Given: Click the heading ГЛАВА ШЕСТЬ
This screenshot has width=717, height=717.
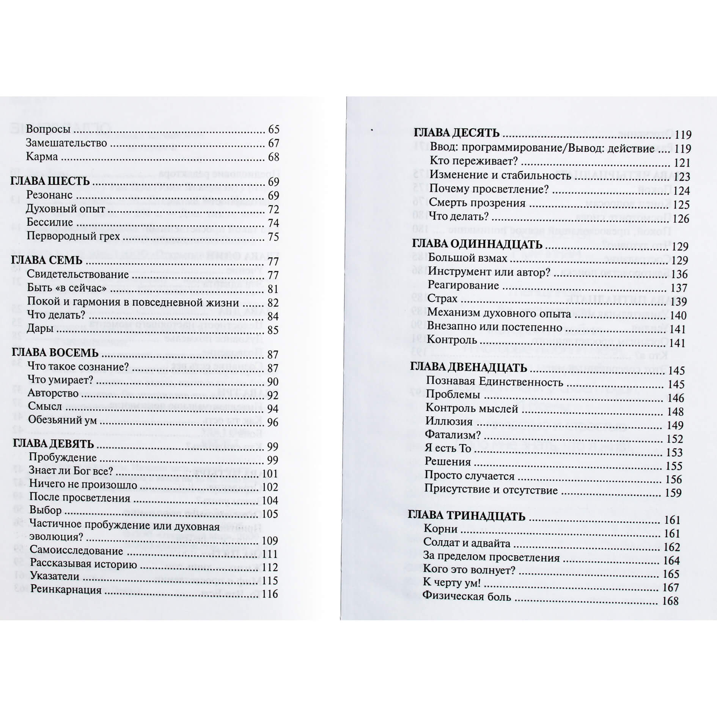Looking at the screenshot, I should click(50, 181).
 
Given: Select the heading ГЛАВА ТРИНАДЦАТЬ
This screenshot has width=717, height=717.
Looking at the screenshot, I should click(466, 516).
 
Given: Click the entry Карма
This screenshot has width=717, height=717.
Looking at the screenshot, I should click(42, 157).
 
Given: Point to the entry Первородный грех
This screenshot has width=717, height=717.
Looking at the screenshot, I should click(73, 236).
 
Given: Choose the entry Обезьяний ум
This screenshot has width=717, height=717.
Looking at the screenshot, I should click(62, 420).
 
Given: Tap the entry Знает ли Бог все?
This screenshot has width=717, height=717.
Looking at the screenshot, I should click(71, 471).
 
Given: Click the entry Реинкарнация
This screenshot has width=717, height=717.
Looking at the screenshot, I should click(66, 590).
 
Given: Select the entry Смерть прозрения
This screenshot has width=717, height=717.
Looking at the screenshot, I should click(477, 203).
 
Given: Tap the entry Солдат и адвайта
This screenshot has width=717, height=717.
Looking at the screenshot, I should click(467, 543).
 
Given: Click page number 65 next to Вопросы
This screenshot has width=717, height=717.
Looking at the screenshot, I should click(274, 130).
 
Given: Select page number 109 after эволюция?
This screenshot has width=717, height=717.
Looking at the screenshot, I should click(270, 541).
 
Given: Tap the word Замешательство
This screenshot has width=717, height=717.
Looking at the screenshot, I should click(66, 143).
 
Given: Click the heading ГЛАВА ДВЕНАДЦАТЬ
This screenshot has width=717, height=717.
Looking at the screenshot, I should click(469, 368).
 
